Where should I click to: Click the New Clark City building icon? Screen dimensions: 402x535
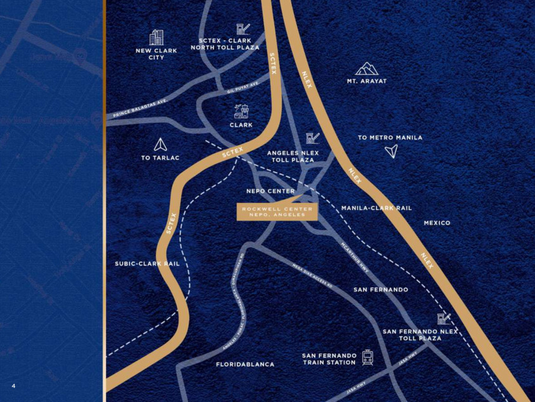[x=156, y=37]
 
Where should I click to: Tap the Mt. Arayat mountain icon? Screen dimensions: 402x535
[x=367, y=68]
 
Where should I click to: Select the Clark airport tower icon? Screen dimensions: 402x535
[x=241, y=112]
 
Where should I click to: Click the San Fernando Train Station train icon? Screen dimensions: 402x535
[x=367, y=358]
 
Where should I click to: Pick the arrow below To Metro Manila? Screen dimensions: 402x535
[x=392, y=151]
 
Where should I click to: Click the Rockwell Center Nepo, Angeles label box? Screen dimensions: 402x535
[x=277, y=212]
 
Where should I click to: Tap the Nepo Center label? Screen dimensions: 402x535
[x=270, y=191]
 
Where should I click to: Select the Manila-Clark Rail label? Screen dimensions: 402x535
[x=376, y=208]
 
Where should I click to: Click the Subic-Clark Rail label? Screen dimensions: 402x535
[x=147, y=263]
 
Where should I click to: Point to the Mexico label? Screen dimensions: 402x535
[x=437, y=223]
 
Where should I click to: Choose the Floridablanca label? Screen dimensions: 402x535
[x=245, y=365]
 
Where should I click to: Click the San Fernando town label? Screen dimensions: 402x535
[x=381, y=289]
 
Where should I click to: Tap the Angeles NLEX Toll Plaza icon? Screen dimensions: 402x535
[x=312, y=138]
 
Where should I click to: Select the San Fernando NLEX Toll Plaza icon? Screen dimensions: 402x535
[x=444, y=318]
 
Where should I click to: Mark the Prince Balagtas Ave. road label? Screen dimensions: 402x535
[x=140, y=108]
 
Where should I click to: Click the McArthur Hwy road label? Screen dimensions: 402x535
[x=354, y=258]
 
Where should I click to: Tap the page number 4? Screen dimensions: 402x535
[x=13, y=386]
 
